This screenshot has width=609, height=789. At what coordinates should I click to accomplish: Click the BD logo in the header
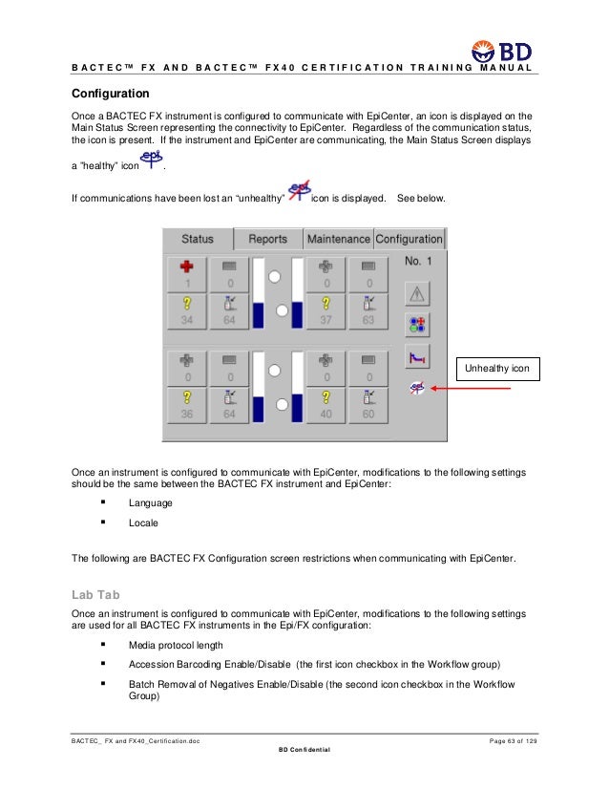(503, 51)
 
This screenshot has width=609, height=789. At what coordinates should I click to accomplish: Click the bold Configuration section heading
(111, 95)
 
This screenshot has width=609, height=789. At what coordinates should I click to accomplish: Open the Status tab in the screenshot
(197, 239)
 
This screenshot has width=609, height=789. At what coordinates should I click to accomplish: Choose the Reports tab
(267, 239)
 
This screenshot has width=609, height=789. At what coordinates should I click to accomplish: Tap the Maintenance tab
(338, 239)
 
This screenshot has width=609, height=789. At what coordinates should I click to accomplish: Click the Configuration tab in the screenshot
(409, 239)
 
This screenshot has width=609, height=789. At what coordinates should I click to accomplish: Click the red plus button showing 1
(187, 273)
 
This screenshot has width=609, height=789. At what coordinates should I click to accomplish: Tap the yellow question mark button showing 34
(187, 310)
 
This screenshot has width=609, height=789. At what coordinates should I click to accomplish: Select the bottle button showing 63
(368, 310)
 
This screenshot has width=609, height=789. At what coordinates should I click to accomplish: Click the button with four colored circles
(418, 324)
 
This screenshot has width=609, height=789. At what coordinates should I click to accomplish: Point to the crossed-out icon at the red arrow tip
(418, 388)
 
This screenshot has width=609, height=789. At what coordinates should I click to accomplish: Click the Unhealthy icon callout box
(497, 368)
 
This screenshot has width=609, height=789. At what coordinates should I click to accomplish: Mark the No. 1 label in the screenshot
(419, 261)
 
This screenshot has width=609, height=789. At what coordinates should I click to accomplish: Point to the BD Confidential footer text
(304, 750)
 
